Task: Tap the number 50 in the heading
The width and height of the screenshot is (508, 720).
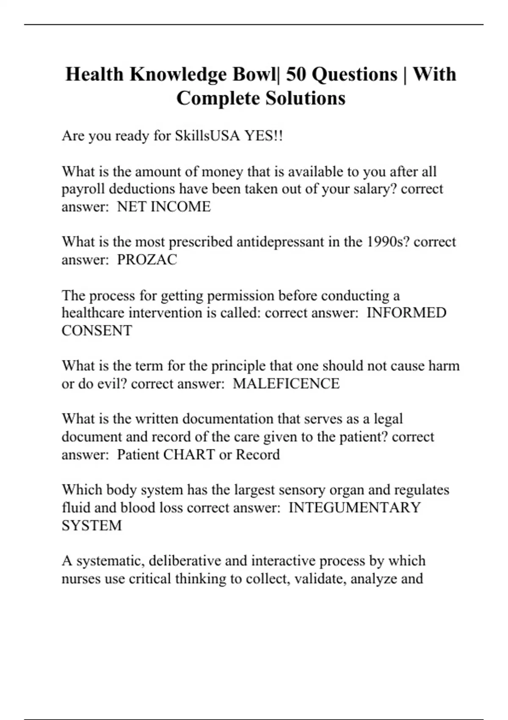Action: pos(296,75)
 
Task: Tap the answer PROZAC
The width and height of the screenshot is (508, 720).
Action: pos(147,260)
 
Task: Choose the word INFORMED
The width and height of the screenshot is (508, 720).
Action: pos(406,313)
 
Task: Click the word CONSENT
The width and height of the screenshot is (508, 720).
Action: pos(97,331)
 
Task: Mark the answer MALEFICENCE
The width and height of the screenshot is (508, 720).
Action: pos(286,384)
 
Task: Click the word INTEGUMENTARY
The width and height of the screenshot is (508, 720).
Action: pos(354,507)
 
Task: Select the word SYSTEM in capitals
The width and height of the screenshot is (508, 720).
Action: pos(91,526)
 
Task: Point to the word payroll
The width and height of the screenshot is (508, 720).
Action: pos(82,189)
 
